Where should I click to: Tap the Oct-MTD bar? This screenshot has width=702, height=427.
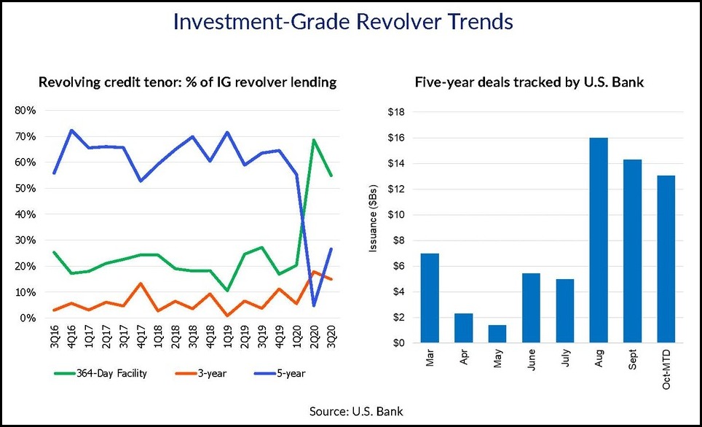(666, 259)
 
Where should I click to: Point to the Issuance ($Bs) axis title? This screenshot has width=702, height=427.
(373, 228)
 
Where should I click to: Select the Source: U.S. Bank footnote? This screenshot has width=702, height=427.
(351, 412)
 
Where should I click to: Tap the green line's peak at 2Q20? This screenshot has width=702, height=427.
(314, 140)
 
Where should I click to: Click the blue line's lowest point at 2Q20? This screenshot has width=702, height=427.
(314, 305)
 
